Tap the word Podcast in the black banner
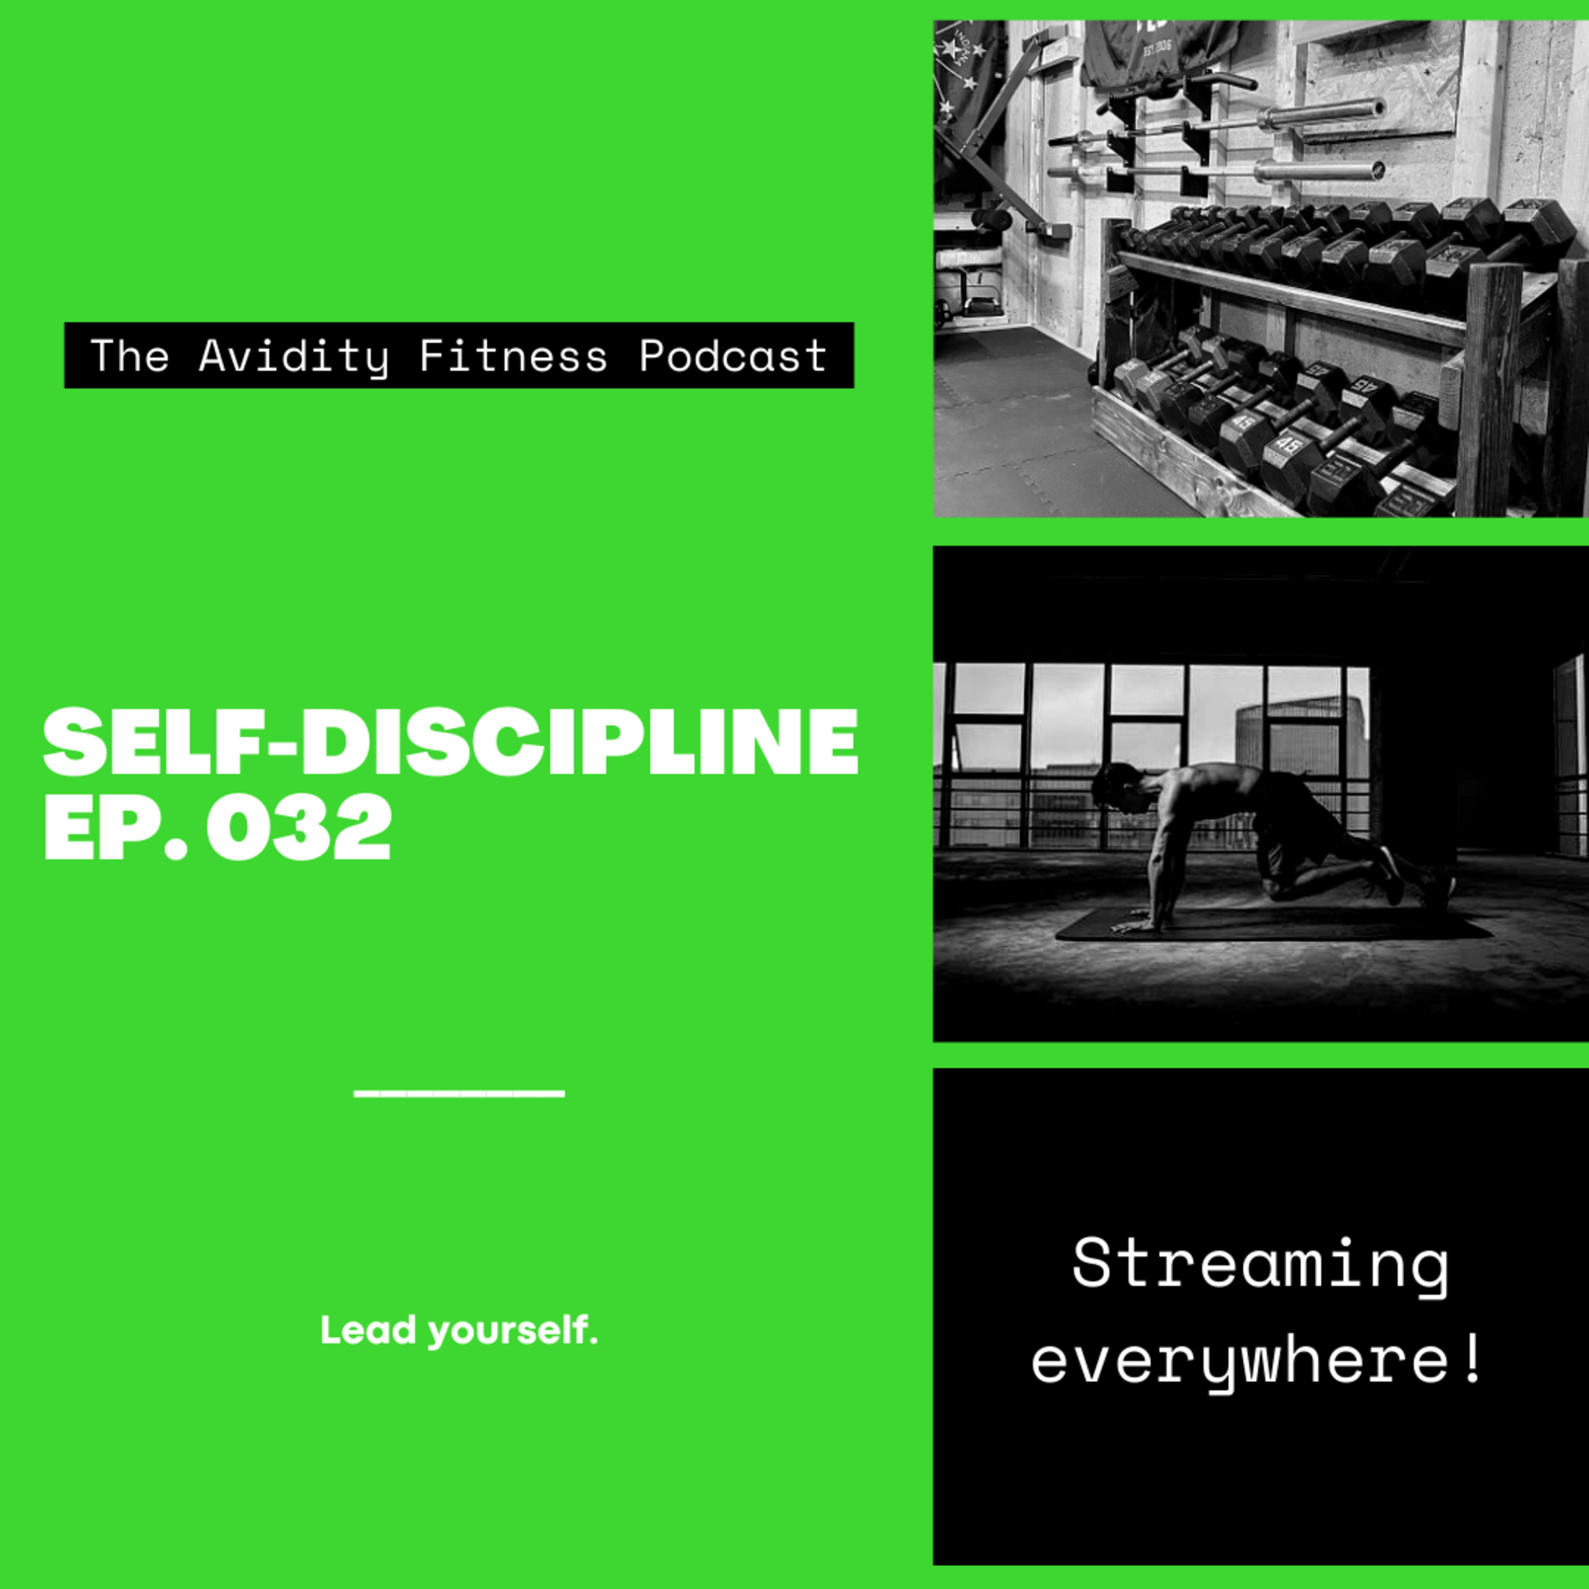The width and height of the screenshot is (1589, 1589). (733, 355)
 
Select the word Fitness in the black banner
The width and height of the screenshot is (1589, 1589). (513, 355)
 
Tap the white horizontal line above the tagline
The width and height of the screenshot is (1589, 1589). (459, 1094)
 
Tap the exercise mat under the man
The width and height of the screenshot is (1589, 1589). (1273, 924)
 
